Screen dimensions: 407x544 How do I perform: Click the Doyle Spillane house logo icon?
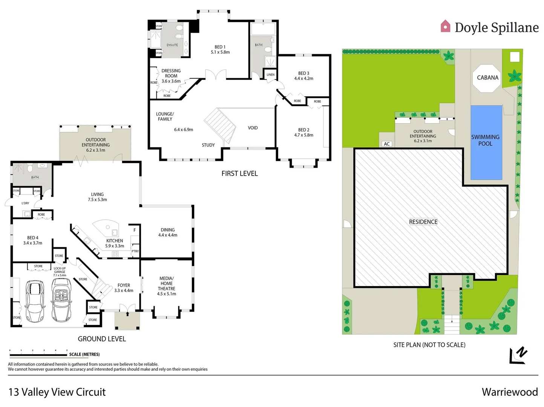pos(445,26)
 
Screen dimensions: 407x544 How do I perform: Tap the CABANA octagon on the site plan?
pos(487,78)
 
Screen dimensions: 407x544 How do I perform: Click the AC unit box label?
pos(387,144)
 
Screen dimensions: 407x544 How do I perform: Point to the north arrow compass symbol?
pos(518,355)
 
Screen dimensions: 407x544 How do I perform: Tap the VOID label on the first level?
pos(253,128)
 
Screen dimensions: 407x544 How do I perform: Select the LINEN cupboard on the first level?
pos(270,75)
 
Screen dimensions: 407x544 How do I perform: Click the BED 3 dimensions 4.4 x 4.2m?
pos(303,78)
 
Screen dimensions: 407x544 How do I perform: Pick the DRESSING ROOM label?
pos(171,73)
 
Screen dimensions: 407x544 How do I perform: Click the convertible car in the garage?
pos(61,300)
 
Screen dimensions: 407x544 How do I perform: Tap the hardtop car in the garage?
pos(35,301)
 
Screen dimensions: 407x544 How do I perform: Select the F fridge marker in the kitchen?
pos(135,230)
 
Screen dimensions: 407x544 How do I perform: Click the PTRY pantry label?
pos(135,251)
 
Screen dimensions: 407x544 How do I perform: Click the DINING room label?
pos(168,230)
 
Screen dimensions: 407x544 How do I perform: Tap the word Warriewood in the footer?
pos(509,392)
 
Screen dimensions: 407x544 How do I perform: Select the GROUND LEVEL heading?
pos(102,339)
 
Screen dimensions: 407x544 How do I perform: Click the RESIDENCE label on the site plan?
pos(423,222)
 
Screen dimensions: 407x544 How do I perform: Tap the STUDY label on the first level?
pos(208,145)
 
